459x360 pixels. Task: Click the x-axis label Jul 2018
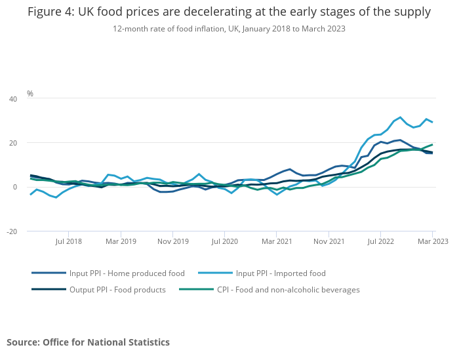[x=69, y=241]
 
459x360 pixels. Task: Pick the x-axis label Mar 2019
[x=121, y=241]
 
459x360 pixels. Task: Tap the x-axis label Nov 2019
[x=172, y=241]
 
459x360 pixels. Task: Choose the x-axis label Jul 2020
[x=224, y=241]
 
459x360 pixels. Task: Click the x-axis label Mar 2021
[x=276, y=241]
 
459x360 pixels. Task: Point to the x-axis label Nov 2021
[x=329, y=241]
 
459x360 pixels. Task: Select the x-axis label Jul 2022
[x=380, y=241]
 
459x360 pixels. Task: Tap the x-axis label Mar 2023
[x=432, y=241]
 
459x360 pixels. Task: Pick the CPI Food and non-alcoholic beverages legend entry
[x=289, y=289]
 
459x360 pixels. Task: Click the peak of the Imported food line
[x=400, y=117]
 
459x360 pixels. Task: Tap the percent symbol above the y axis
[x=30, y=94]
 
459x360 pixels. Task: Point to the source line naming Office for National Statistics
[x=88, y=342]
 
